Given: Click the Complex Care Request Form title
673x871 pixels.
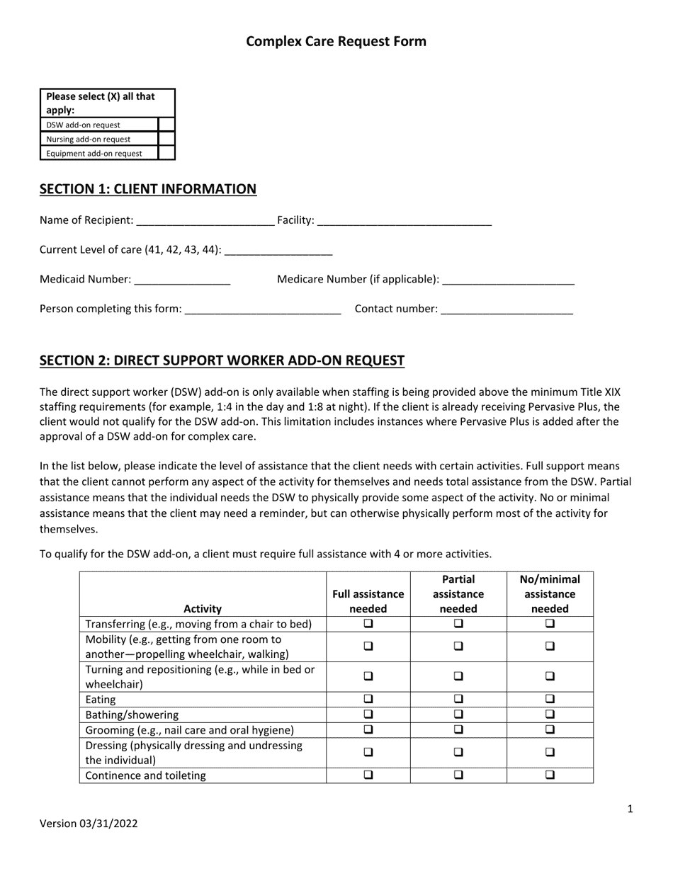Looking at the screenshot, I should pyautogui.click(x=336, y=41).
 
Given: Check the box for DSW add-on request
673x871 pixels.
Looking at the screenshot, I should pyautogui.click(x=166, y=125).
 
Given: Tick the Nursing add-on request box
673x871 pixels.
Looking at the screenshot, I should pyautogui.click(x=166, y=139).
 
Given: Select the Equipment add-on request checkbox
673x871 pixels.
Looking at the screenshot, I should pyautogui.click(x=166, y=153).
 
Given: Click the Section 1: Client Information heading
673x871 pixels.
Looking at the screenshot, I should pyautogui.click(x=148, y=189).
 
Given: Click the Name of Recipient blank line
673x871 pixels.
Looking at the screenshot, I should pyautogui.click(x=205, y=221).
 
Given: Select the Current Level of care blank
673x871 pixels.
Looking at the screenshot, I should pyautogui.click(x=278, y=251).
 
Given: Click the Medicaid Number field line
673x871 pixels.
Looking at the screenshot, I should pyautogui.click(x=182, y=280).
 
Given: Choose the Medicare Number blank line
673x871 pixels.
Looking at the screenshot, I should pyautogui.click(x=507, y=280).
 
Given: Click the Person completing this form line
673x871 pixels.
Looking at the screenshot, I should pyautogui.click(x=262, y=309).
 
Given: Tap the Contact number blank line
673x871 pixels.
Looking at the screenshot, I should pyautogui.click(x=507, y=309).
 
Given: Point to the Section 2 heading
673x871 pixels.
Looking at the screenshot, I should pyautogui.click(x=222, y=360).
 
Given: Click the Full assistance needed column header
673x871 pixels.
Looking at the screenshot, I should pyautogui.click(x=368, y=601).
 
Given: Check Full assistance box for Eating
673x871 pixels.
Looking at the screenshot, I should pyautogui.click(x=368, y=700).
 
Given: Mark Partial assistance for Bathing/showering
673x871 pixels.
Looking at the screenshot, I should pyautogui.click(x=458, y=715).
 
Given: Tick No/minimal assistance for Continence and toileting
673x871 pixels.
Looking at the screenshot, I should pyautogui.click(x=550, y=775).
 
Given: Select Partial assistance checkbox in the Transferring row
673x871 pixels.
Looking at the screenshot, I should pyautogui.click(x=458, y=624).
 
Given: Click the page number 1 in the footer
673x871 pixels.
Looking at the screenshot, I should pyautogui.click(x=630, y=809).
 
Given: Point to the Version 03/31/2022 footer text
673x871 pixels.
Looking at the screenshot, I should pyautogui.click(x=89, y=824).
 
